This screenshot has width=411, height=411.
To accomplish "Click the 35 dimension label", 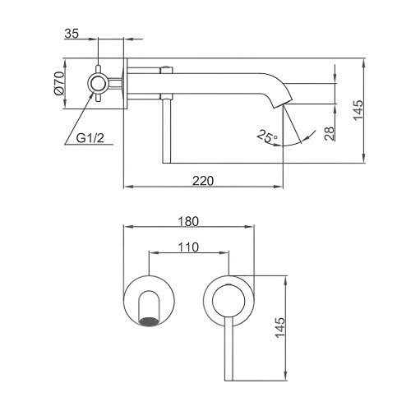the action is click(72, 34).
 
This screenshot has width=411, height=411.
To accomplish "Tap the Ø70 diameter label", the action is click(59, 83).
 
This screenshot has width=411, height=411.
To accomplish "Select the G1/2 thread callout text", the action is click(90, 138).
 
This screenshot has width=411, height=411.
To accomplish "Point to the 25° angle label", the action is click(267, 136).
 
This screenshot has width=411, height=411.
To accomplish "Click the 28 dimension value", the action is click(330, 133).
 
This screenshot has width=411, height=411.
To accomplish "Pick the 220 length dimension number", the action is click(203, 181).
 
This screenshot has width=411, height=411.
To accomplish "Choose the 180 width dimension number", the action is click(188, 221).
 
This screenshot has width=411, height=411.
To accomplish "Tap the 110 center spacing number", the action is click(188, 247).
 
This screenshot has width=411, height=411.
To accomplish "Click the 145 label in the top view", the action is click(358, 110).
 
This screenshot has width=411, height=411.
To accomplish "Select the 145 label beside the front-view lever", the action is click(280, 328).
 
